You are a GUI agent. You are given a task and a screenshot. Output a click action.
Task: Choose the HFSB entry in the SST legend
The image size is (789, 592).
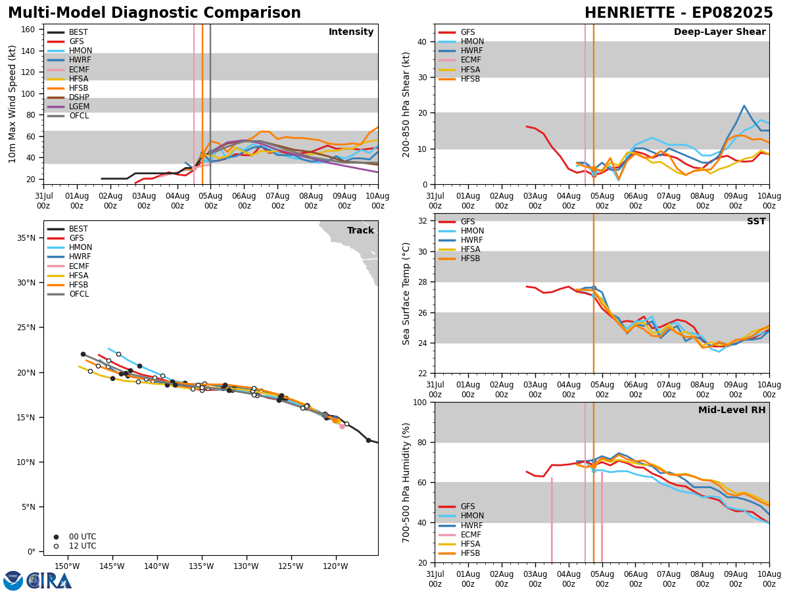pos(470,259)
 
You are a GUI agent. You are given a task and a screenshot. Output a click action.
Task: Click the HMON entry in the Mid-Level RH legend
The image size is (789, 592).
pos(472,516)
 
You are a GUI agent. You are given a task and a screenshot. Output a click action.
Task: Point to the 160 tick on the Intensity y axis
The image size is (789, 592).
pos(28,30)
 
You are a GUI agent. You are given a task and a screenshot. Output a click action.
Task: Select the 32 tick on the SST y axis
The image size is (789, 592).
pos(423,221)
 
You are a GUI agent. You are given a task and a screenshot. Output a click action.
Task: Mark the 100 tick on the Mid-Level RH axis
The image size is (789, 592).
pos(419,402)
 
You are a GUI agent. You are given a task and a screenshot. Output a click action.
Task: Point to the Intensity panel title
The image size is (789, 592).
pos(351,32)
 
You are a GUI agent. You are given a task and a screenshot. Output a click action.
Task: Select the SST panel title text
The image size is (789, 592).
pos(756,222)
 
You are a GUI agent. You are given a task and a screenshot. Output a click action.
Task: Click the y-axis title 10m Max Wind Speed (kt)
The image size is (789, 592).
pos(13,104)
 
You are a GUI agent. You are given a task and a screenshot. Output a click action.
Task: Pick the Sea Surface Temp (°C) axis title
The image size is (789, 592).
pos(407,293)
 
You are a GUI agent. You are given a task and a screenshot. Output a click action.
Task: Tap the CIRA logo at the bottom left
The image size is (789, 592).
pos(37,580)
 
